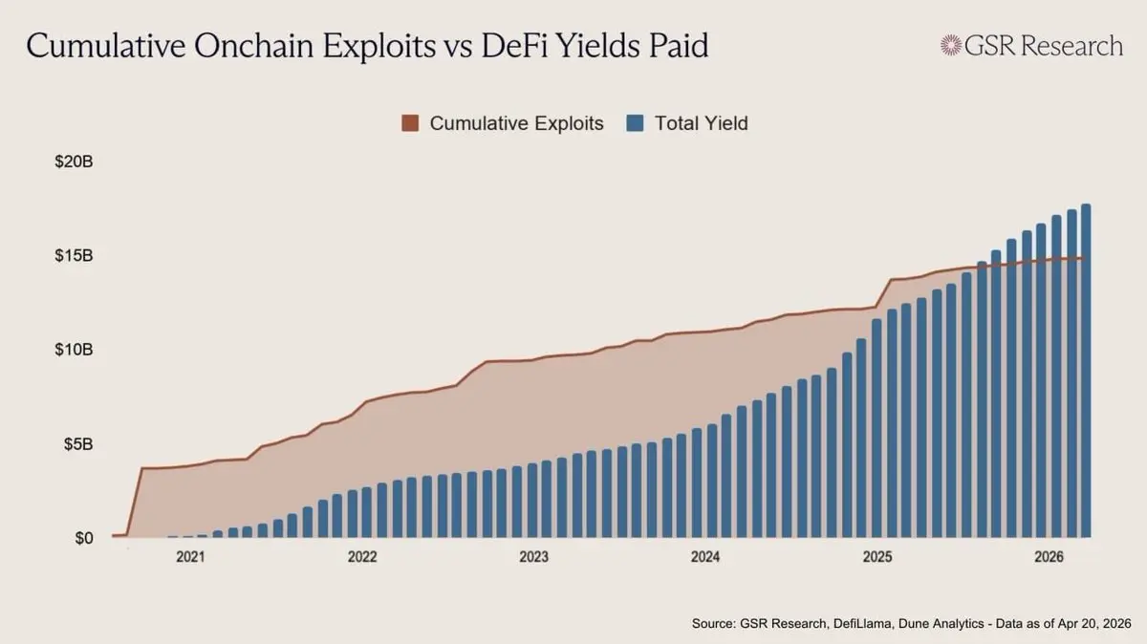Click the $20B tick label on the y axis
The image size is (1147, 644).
[74, 162]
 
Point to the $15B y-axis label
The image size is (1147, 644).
[74, 256]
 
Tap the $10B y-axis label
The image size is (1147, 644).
[74, 350]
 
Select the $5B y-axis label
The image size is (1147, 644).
[76, 444]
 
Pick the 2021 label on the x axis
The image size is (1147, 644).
[190, 557]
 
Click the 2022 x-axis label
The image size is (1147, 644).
[362, 557]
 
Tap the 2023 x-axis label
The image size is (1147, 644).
[533, 557]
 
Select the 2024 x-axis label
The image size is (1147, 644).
[705, 557]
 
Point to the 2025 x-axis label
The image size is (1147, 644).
[876, 557]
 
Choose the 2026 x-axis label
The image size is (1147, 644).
[1049, 557]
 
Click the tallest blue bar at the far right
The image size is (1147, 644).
[1086, 373]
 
